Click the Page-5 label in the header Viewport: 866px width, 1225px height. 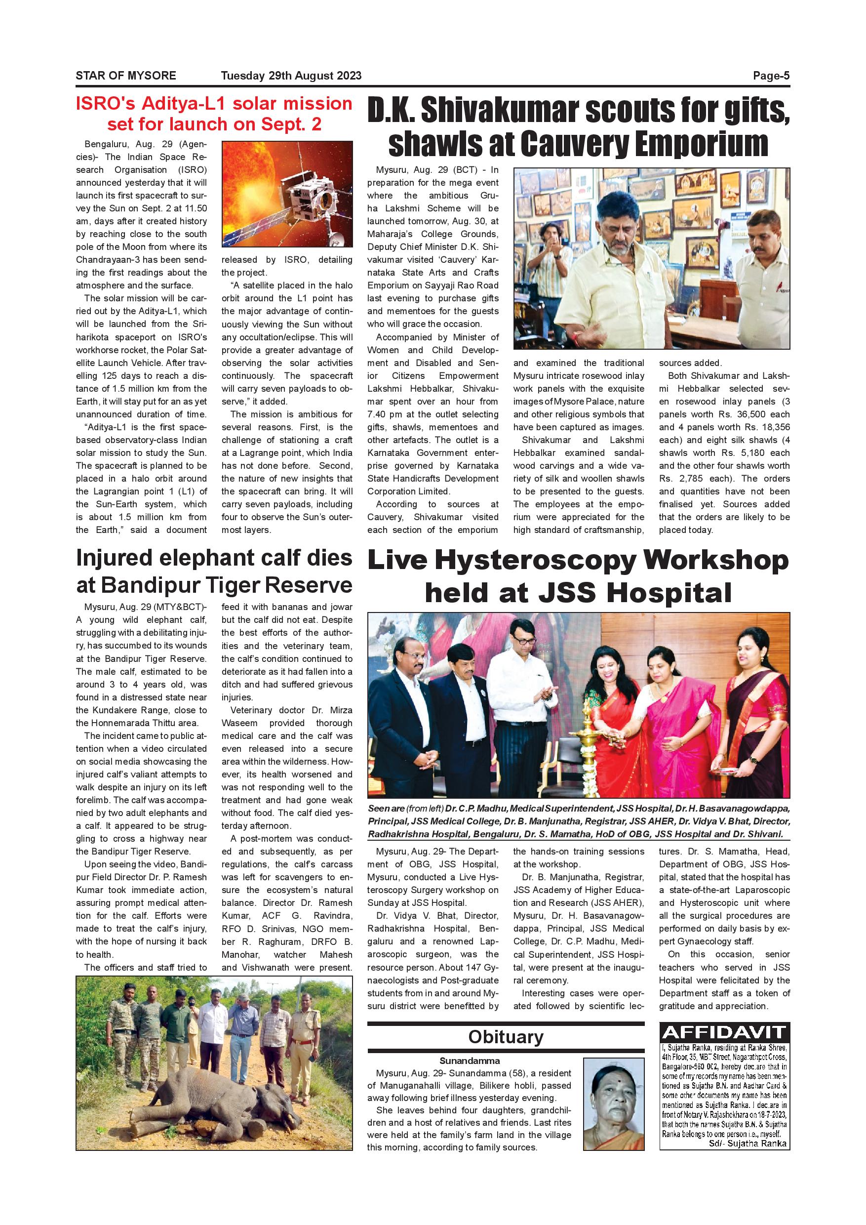[771, 76]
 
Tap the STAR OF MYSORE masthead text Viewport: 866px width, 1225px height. [126, 76]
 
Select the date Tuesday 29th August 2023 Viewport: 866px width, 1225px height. [291, 76]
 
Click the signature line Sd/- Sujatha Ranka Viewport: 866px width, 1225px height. [748, 1143]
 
